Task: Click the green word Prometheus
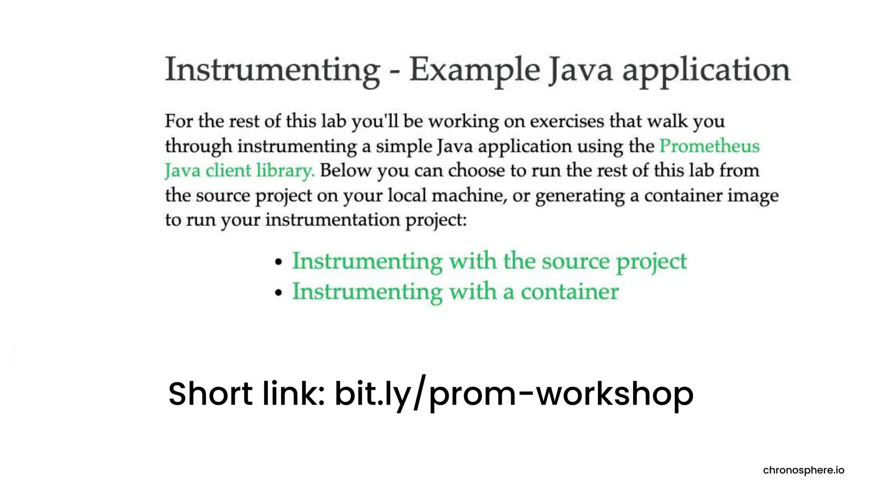[709, 146]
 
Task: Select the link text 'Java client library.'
[239, 170]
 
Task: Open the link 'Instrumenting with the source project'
[489, 262]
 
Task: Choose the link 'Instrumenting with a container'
[455, 292]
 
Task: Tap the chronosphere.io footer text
[803, 470]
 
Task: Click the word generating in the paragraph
[580, 195]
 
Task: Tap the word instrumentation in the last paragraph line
[333, 220]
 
